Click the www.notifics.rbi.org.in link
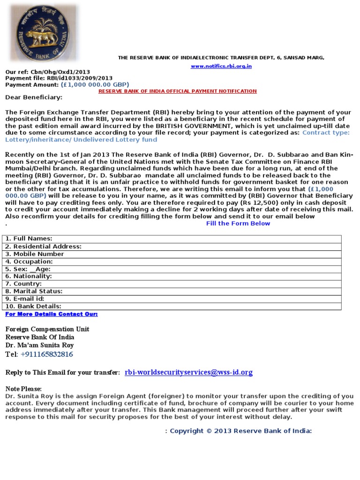click(221, 66)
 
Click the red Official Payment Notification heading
click(177, 91)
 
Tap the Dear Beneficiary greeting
click(33, 97)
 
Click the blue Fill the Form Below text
click(238, 224)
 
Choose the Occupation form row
click(29, 261)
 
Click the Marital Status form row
click(33, 291)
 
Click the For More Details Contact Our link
click(52, 314)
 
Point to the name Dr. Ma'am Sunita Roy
click(40, 345)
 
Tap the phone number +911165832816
click(47, 354)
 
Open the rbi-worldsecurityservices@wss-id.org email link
click(188, 372)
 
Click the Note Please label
click(23, 389)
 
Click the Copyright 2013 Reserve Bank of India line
click(239, 431)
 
